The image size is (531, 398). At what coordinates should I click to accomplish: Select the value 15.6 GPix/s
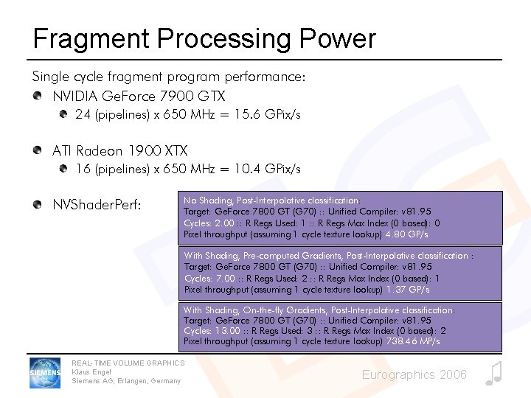(x=266, y=115)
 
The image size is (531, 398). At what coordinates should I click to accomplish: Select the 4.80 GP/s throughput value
(x=406, y=234)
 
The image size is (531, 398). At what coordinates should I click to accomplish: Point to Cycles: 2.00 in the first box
(x=209, y=223)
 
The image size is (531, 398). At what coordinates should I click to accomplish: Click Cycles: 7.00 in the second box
(x=209, y=279)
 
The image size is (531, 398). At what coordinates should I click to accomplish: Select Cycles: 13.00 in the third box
(x=212, y=331)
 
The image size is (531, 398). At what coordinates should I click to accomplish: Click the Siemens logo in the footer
(x=46, y=372)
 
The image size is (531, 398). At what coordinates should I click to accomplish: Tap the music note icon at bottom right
(x=494, y=374)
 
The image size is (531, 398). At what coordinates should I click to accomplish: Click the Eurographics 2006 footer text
(x=414, y=375)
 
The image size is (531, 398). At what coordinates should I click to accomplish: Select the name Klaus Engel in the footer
(x=91, y=372)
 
